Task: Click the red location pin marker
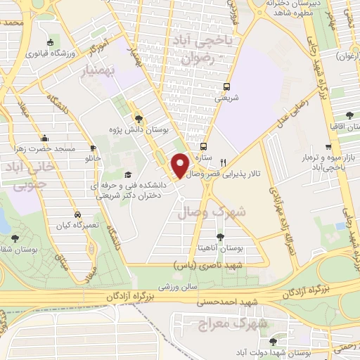(x=181, y=165)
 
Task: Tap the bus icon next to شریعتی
(x=226, y=86)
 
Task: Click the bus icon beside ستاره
(x=203, y=147)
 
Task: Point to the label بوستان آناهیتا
(x=221, y=248)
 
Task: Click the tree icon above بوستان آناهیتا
(x=221, y=237)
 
